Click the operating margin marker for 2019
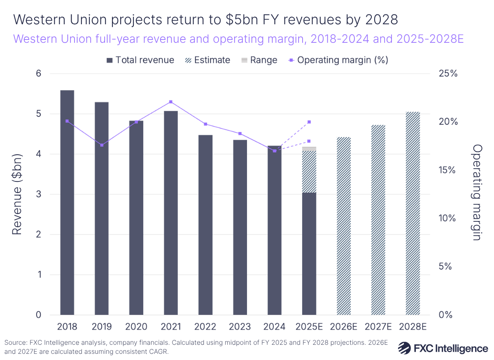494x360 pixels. point(102,145)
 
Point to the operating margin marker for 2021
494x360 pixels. point(171,102)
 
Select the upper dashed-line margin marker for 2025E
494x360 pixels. point(309,122)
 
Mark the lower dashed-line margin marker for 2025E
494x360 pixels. point(309,141)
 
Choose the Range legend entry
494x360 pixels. point(259,60)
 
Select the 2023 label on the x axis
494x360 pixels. point(240,327)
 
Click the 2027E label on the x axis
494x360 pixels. point(378,327)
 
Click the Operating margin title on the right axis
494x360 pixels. point(477,192)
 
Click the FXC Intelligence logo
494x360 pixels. point(443,348)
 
